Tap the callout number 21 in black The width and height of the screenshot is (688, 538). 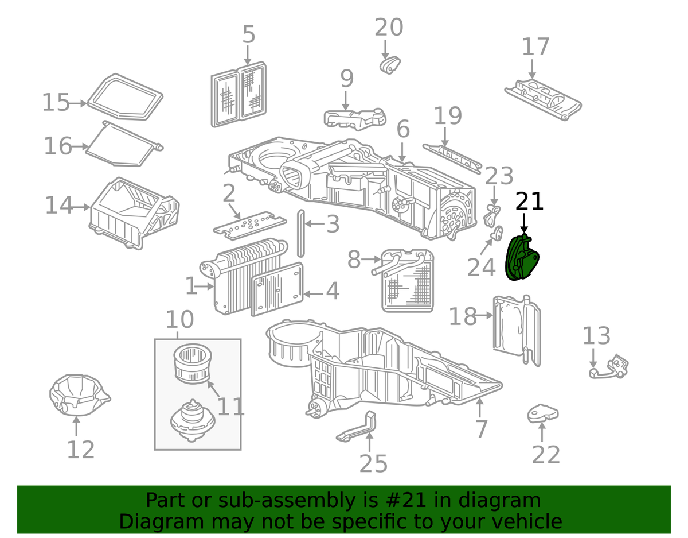(529, 202)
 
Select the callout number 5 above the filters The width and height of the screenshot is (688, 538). (248, 35)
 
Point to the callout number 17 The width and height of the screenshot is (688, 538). (535, 47)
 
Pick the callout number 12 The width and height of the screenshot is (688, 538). (80, 450)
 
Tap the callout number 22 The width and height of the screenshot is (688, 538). (545, 455)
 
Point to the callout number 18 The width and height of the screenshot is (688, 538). (463, 316)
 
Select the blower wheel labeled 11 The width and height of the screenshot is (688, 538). (193, 362)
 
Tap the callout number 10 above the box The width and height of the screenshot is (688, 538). (180, 319)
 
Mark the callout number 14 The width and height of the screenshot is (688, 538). (60, 205)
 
